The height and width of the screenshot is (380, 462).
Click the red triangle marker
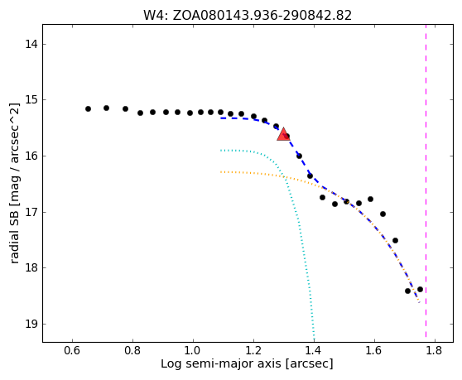[x=283, y=134]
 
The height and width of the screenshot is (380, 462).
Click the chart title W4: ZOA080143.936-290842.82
[x=248, y=16]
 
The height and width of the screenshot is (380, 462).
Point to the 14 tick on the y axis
[x=43, y=44]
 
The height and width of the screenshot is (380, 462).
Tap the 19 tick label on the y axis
[x=31, y=324]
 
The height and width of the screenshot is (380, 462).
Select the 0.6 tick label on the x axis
[x=73, y=351]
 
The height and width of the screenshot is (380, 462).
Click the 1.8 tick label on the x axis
[x=435, y=351]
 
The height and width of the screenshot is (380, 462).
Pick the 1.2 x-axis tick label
[x=253, y=351]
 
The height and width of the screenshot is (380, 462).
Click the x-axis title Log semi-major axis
[x=221, y=364]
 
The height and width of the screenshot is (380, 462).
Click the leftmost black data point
[x=88, y=109]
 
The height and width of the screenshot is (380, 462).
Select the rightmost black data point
[x=420, y=290]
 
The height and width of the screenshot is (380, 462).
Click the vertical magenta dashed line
[x=426, y=180]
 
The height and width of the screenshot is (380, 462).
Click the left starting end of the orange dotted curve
[x=221, y=171]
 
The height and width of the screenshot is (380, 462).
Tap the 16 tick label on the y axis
[x=31, y=156]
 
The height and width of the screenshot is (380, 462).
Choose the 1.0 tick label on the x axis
[x=193, y=351]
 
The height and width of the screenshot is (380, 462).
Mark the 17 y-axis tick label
[x=31, y=212]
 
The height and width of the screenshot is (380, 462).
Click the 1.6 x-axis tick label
[x=374, y=351]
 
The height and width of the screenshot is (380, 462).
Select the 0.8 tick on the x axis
[x=132, y=340]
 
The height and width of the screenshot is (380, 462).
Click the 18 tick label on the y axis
[x=31, y=267]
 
